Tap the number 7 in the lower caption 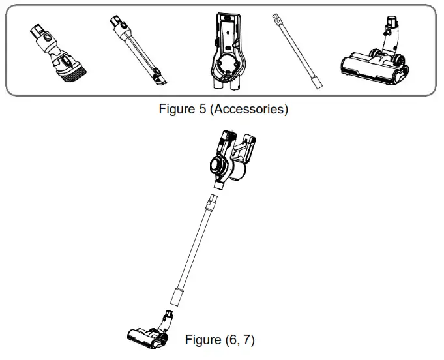click(246, 340)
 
